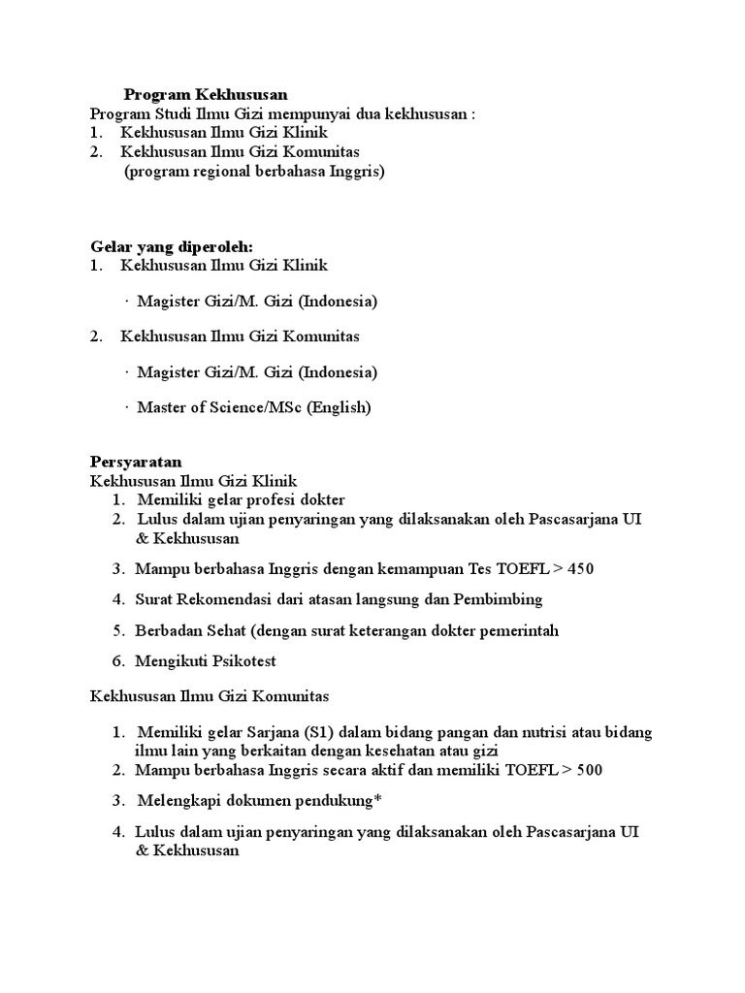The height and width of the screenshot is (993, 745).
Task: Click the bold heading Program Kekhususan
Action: (206, 95)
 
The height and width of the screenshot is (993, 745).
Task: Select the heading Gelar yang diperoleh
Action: (171, 247)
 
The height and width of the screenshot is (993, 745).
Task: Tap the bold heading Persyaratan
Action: (136, 462)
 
